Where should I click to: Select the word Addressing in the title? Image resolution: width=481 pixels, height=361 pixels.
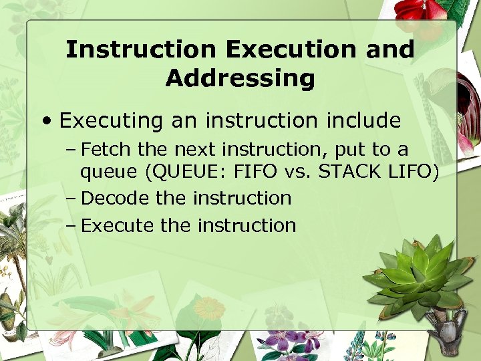tap(240, 78)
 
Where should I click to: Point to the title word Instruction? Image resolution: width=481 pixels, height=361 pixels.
tap(141, 50)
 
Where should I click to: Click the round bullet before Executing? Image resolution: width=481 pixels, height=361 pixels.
tap(49, 121)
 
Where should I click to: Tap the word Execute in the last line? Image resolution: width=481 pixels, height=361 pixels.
tap(117, 225)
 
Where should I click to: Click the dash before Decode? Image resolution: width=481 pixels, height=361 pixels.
tap(71, 199)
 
